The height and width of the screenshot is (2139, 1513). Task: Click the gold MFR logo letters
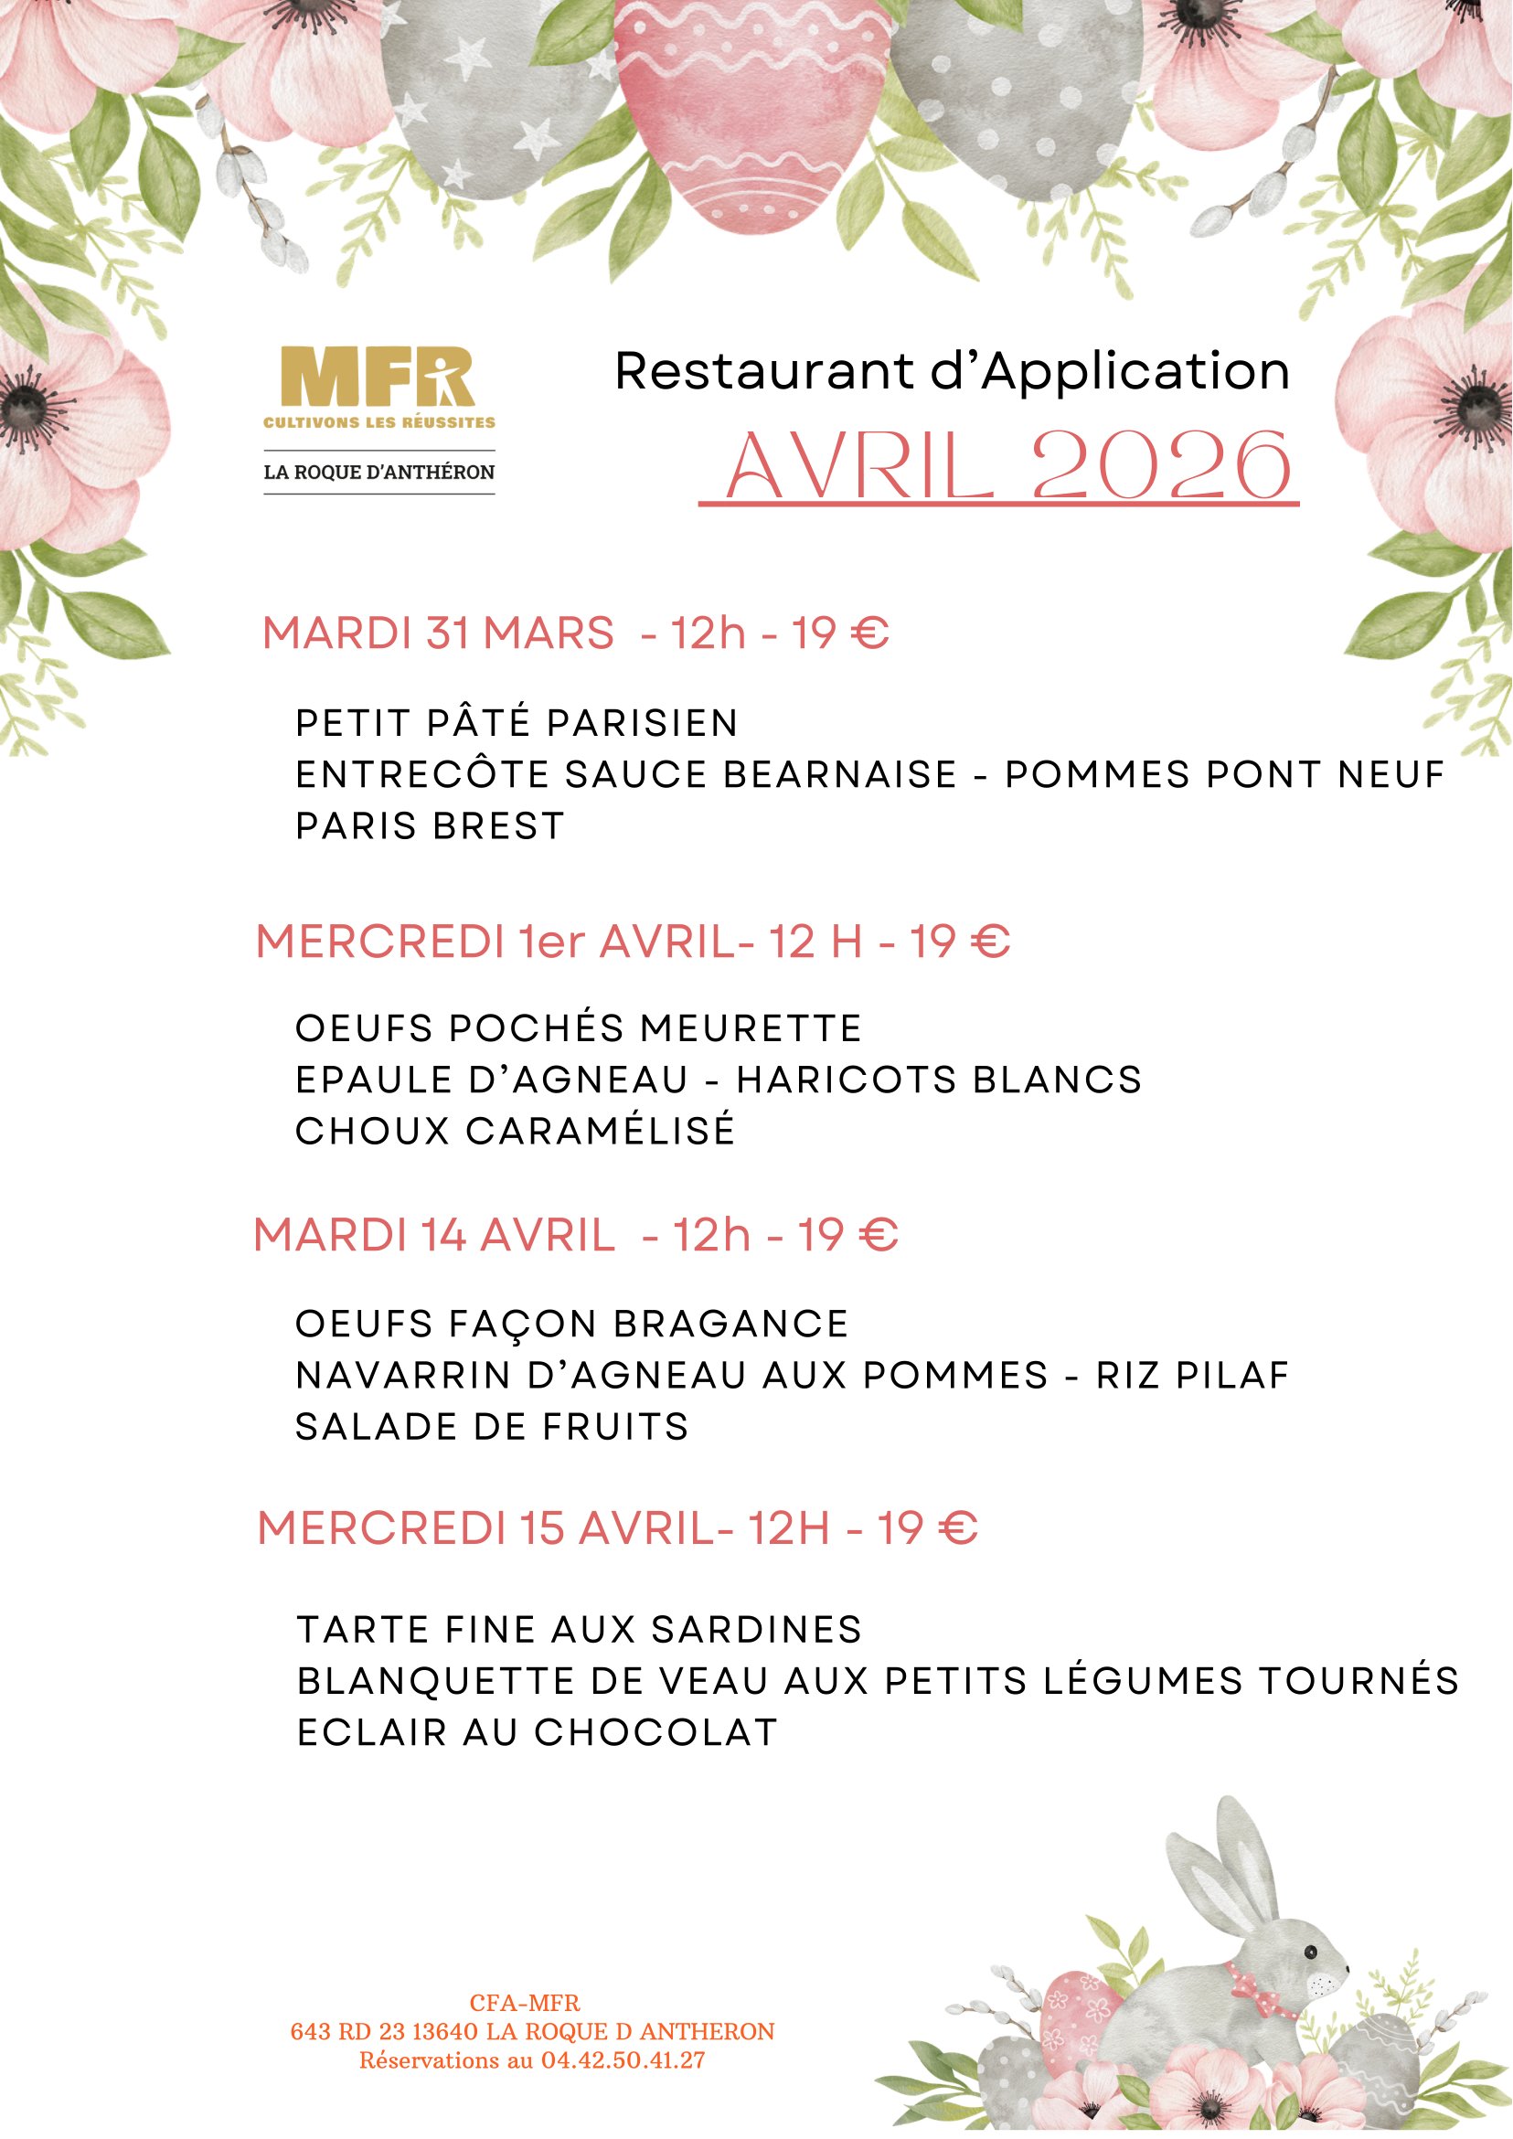click(x=378, y=377)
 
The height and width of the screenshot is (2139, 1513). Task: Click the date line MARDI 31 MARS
click(x=439, y=633)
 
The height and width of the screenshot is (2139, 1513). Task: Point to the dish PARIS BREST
click(x=431, y=826)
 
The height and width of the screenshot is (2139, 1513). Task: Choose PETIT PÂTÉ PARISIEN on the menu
click(x=517, y=723)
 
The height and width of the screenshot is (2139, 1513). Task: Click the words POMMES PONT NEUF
click(x=1224, y=774)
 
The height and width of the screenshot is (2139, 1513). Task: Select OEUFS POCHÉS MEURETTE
click(x=579, y=1028)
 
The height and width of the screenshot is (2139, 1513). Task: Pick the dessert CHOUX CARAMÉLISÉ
click(x=516, y=1131)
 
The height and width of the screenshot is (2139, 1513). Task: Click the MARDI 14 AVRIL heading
click(x=434, y=1236)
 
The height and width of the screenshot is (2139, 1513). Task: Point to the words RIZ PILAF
click(x=1192, y=1375)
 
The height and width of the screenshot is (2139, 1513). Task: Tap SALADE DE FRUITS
click(x=492, y=1427)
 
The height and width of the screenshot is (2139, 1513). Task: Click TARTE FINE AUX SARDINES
click(x=580, y=1630)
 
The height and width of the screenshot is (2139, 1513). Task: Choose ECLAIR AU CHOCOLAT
click(x=538, y=1732)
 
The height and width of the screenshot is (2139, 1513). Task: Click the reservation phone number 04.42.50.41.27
click(x=623, y=2059)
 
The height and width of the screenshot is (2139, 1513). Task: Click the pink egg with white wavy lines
click(x=751, y=112)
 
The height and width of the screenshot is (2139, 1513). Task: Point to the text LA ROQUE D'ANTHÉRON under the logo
click(x=379, y=473)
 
